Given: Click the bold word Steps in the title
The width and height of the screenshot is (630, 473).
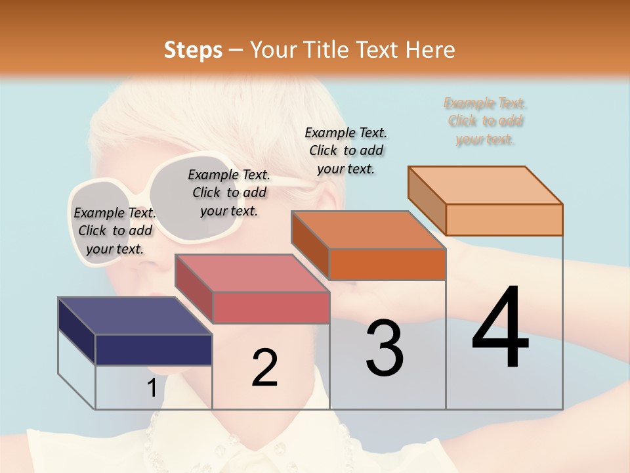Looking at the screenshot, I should (193, 50).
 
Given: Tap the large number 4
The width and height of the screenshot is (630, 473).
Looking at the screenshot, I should (500, 328).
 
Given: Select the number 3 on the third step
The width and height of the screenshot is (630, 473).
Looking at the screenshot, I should (384, 348).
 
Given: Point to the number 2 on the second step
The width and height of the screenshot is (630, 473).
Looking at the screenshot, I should (264, 368).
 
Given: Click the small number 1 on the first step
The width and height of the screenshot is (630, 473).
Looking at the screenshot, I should (152, 388).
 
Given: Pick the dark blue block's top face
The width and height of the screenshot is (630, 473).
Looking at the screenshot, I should (135, 316).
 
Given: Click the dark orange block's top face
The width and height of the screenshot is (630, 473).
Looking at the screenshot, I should (368, 230).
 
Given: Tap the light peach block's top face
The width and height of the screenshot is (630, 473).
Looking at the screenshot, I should (485, 185).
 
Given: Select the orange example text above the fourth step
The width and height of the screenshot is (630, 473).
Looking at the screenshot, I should (485, 122).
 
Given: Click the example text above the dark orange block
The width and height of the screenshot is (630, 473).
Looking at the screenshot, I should (346, 150).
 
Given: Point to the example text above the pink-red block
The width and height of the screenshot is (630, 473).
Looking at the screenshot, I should (229, 192).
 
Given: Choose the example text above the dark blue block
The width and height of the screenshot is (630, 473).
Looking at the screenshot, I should (115, 231).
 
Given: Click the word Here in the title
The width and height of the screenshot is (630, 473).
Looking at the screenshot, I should (430, 50).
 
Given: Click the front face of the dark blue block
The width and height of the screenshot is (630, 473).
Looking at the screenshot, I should (154, 349).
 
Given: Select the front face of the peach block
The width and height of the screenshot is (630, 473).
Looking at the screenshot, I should (504, 219).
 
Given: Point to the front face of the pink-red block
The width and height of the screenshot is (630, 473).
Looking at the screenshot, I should (270, 307).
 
